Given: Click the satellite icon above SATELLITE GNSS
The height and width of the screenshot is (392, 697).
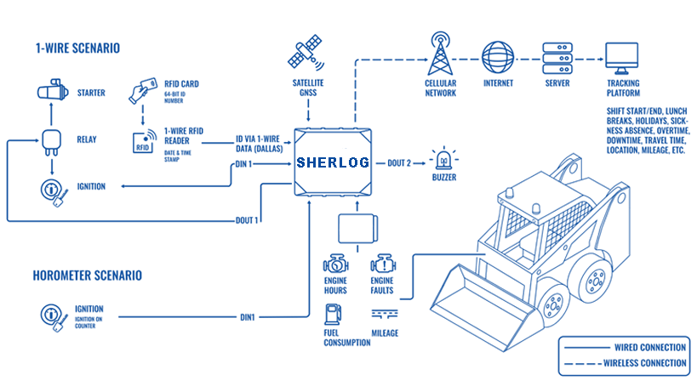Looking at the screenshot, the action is point(306,53).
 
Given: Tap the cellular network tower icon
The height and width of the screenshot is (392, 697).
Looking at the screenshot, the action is point(440,54).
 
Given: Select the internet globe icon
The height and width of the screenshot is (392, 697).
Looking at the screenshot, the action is point(498,58).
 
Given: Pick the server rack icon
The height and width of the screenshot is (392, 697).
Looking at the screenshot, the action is point(557,58).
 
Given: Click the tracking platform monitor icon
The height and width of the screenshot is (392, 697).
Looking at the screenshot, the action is point(622,58).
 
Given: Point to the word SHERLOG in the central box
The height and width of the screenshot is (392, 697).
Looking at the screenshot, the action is point(333,162).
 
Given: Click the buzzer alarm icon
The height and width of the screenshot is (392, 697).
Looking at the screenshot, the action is point(443,159).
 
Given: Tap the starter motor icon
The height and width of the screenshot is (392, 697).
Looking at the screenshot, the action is point(53,91).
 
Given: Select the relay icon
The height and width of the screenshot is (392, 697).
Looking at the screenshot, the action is point(51,142).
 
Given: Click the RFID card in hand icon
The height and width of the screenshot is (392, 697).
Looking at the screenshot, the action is point(143,91).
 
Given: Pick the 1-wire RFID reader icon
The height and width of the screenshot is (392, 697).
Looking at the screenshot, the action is point(145,141).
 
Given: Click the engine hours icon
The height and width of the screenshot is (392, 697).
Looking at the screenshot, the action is point(335,264).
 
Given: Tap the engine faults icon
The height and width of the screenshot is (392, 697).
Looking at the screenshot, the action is point(383,264).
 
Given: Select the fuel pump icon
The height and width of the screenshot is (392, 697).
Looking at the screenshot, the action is point(333,314).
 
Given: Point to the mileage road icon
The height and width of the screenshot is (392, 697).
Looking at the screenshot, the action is point(385,315).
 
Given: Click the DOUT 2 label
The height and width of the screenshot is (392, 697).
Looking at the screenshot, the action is point(399,163).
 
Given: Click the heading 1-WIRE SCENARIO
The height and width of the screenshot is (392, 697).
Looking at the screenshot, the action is point(77,48).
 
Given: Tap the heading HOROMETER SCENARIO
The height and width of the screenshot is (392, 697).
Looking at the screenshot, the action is point(87,276).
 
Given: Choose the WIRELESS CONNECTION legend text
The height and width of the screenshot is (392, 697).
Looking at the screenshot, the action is point(644,363).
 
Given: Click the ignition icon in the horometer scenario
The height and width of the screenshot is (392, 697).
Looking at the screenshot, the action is point(54,317).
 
